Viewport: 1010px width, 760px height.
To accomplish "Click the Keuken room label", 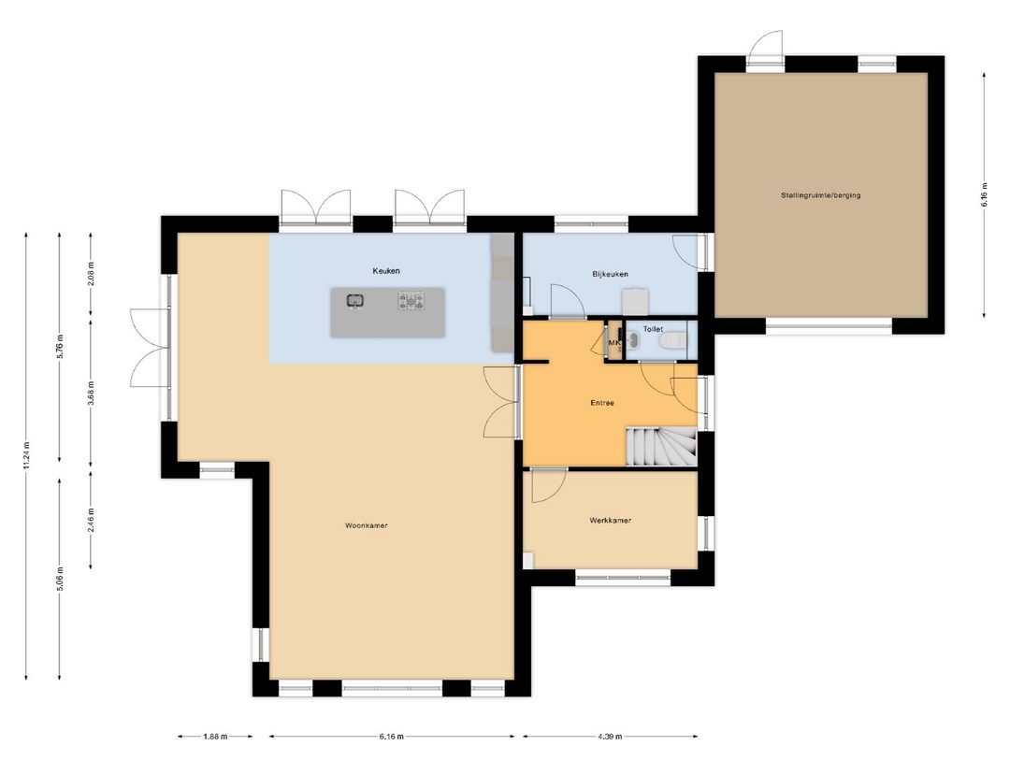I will (385, 271).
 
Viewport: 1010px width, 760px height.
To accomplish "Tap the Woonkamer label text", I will (367, 525).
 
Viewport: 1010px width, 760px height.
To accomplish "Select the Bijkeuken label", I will (610, 274).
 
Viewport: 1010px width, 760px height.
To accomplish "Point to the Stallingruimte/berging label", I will (821, 195).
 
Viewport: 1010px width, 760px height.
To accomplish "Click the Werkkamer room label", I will (610, 521).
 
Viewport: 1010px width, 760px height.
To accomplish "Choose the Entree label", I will (602, 404).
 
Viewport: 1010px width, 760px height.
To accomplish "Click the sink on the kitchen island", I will (355, 301).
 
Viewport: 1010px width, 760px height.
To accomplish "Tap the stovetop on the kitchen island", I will (411, 301).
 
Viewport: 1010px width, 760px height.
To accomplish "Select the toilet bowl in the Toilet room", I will (671, 342).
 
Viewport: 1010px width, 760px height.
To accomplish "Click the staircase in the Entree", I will (661, 446).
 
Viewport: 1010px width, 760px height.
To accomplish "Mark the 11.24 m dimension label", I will (26, 458).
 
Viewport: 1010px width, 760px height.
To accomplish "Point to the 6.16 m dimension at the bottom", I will (391, 737).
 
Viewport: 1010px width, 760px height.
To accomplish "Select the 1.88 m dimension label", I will (214, 737).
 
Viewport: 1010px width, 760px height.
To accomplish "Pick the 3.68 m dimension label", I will (91, 392).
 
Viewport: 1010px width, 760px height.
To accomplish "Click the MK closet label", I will (614, 343).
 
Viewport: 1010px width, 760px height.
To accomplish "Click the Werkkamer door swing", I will (547, 486).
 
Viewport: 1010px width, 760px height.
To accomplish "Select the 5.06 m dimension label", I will (59, 578).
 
